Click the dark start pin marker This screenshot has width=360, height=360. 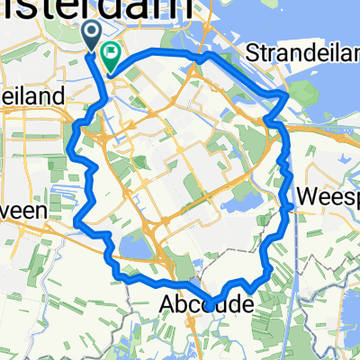[94, 34]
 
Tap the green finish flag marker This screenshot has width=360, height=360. [112, 57]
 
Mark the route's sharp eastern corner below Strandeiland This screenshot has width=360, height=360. [287, 94]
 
